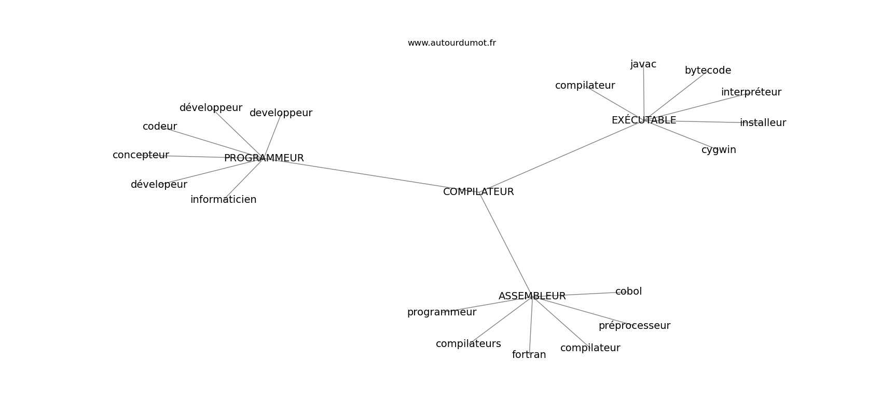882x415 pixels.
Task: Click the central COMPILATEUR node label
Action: click(x=478, y=192)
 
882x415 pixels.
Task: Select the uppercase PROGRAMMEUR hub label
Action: click(x=264, y=158)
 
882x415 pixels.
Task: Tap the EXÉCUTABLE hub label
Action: click(x=644, y=120)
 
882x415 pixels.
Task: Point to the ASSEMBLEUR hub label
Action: click(x=532, y=296)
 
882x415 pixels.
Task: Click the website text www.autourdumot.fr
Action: click(x=451, y=43)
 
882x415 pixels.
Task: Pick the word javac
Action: click(x=643, y=64)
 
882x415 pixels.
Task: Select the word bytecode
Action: click(x=708, y=71)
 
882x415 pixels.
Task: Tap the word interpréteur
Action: click(x=751, y=92)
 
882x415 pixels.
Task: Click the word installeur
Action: click(x=763, y=123)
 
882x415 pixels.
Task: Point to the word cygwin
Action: click(x=719, y=150)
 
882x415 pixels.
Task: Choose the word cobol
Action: click(x=628, y=292)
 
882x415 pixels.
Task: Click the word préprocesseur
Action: click(x=635, y=326)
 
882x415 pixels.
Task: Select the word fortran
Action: click(x=529, y=355)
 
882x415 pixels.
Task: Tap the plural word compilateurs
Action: click(x=468, y=344)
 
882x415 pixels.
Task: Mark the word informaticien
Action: click(x=223, y=200)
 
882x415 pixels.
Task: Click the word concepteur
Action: click(x=141, y=155)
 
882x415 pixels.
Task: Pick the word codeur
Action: click(x=159, y=127)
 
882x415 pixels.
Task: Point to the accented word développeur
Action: click(x=211, y=108)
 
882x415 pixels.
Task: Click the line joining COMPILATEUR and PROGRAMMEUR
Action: click(x=365, y=174)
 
